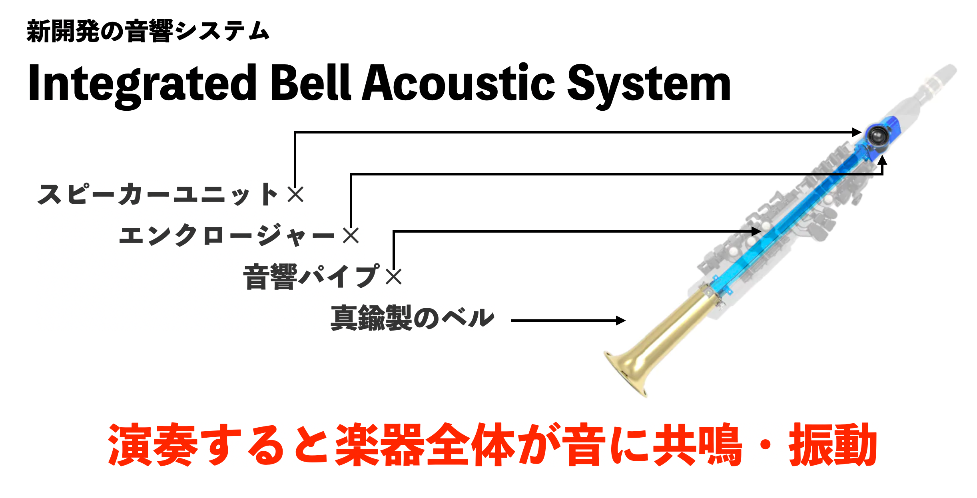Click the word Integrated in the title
point(142,85)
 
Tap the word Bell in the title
point(311,82)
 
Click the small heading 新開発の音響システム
point(148,31)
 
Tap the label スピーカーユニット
point(158,194)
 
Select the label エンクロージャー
point(227,235)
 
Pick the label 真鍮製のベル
point(413,318)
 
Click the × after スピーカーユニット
point(296,195)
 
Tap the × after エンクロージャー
point(351,235)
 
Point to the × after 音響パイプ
point(394,277)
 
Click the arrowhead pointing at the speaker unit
point(857,132)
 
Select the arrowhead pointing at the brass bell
point(621,321)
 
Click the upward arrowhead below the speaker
point(883,160)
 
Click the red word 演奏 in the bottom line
point(153,444)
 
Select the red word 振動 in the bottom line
point(833,444)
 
